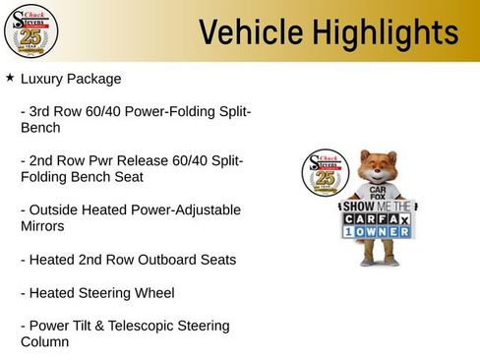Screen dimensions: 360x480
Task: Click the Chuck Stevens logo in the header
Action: [30, 31]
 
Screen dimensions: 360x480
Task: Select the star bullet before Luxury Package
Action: [10, 77]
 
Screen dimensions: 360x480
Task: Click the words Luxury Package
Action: [71, 78]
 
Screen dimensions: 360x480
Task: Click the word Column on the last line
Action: [45, 341]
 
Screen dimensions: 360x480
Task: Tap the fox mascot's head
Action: [376, 167]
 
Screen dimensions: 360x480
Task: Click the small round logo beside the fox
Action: [325, 174]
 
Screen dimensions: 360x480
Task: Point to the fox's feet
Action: [379, 262]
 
